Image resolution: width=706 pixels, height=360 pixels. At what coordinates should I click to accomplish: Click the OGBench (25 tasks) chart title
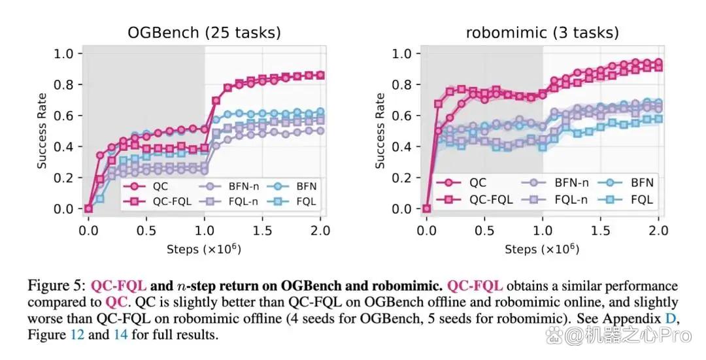(x=205, y=33)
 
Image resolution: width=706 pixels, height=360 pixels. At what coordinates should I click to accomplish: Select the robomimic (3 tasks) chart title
(x=542, y=33)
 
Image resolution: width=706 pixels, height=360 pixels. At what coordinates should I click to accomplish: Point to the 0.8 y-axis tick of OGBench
(x=63, y=84)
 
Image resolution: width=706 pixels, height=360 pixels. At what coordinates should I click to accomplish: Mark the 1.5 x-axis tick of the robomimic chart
(x=600, y=231)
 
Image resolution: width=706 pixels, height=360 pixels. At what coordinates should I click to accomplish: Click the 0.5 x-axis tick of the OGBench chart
(x=146, y=231)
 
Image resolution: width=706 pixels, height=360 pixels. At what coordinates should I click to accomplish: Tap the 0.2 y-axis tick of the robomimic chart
(x=401, y=178)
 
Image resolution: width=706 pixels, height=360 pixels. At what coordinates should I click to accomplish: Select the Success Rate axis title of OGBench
(x=42, y=131)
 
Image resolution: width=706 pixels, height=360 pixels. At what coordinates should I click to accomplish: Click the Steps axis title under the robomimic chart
(x=542, y=249)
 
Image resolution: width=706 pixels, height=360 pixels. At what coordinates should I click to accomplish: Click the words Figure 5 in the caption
(x=56, y=286)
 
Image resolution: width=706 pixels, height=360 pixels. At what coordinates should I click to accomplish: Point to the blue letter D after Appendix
(x=670, y=319)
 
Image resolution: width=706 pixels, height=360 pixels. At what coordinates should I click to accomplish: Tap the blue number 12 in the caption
(x=77, y=335)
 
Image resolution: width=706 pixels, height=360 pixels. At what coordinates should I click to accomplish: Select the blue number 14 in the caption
(x=121, y=335)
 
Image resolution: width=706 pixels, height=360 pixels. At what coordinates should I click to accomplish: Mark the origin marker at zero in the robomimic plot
(x=427, y=209)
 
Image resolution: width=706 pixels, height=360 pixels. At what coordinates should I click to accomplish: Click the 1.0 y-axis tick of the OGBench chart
(x=63, y=54)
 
